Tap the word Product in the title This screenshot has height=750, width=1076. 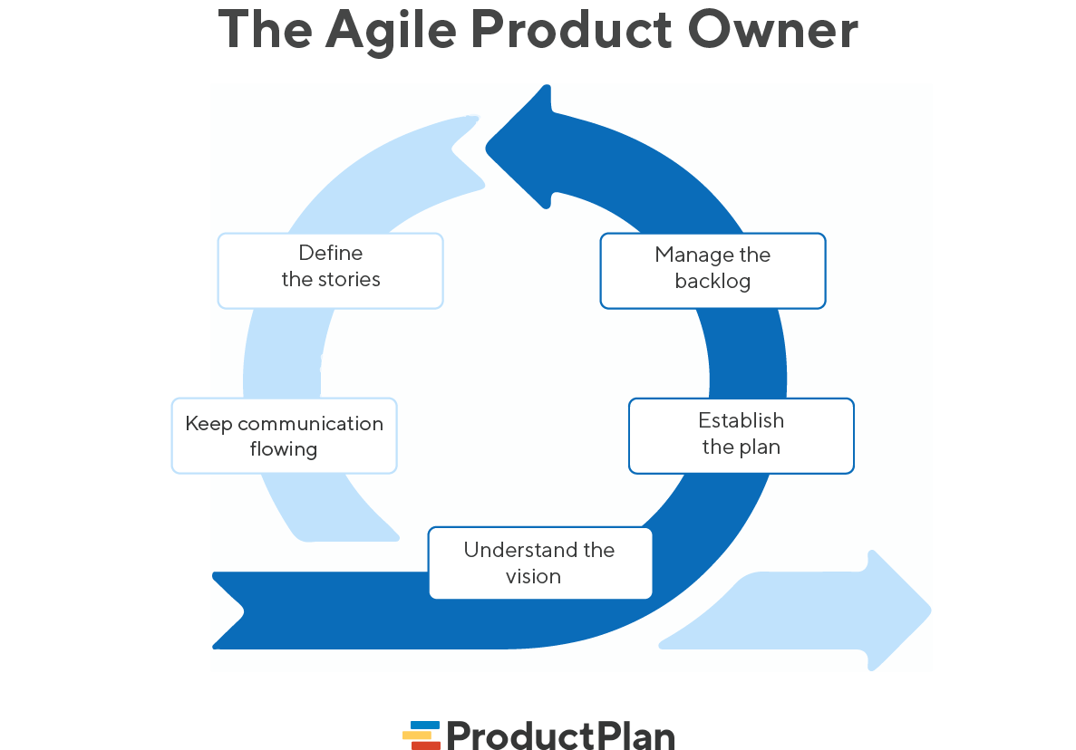[x=571, y=31]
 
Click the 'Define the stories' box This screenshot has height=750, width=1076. [x=330, y=270]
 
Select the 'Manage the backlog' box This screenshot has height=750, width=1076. [x=712, y=270]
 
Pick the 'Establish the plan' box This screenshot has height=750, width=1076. [x=741, y=435]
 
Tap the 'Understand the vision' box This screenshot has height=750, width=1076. [x=539, y=562]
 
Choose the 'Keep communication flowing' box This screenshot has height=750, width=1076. [x=284, y=435]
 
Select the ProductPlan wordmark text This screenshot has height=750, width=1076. [x=560, y=735]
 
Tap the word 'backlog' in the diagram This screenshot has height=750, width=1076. [x=712, y=282]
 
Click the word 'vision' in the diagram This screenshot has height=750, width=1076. [x=533, y=576]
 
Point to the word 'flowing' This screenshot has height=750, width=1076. [x=284, y=449]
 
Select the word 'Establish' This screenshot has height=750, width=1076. [x=741, y=420]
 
